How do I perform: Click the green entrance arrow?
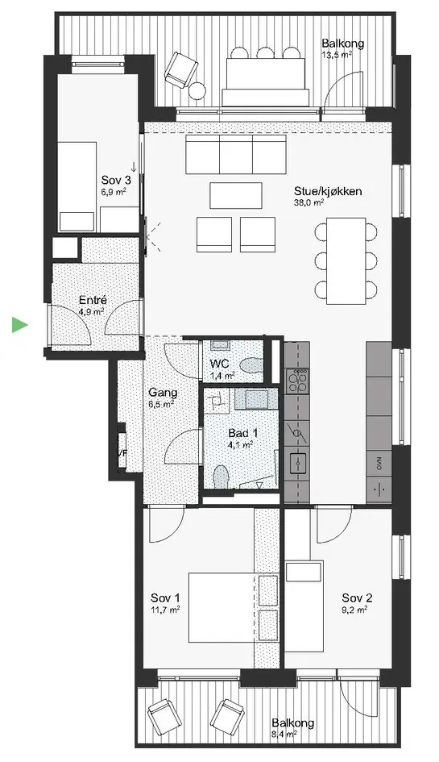(x=19, y=325)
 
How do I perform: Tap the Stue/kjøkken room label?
(x=327, y=191)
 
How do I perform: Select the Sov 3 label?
(x=115, y=179)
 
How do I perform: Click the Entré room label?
(x=93, y=300)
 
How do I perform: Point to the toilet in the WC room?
(x=250, y=364)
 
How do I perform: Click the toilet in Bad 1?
(x=221, y=477)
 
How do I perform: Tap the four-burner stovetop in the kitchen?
(x=297, y=380)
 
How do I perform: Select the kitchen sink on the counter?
(x=296, y=463)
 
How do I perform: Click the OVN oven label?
(x=379, y=463)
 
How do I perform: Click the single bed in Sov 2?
(x=304, y=606)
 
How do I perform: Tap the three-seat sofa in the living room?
(x=235, y=154)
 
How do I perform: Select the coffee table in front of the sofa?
(x=236, y=195)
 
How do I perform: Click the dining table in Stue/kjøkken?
(x=346, y=259)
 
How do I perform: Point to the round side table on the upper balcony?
(x=198, y=91)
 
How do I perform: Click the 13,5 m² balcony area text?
(x=337, y=55)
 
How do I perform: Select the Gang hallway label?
(x=163, y=393)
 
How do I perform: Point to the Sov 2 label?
(x=357, y=598)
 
